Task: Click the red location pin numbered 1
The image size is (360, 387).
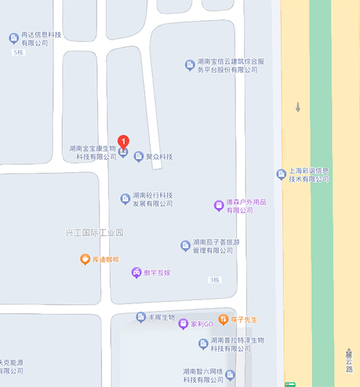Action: point(123,141)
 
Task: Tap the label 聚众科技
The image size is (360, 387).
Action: point(159,157)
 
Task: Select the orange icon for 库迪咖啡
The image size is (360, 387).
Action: point(85,259)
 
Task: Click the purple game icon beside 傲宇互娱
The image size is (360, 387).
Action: point(136,272)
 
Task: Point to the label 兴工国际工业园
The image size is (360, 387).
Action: point(95,233)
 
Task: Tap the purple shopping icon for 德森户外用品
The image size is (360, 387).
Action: point(218,205)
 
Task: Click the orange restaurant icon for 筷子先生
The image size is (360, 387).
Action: point(223,319)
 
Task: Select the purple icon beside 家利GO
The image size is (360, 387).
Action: point(183,324)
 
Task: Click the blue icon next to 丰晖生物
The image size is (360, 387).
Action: point(141,317)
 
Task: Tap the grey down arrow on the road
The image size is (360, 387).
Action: point(298,107)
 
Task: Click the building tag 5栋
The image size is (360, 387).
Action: point(19,53)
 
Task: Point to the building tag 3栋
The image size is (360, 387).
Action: point(214,280)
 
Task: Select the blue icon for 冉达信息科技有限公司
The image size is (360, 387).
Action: point(13,38)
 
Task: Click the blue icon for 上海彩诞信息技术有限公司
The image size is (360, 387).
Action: point(281,174)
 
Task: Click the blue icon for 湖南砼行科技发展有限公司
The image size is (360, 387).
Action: point(125,199)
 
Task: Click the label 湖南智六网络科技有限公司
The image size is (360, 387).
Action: point(203,375)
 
